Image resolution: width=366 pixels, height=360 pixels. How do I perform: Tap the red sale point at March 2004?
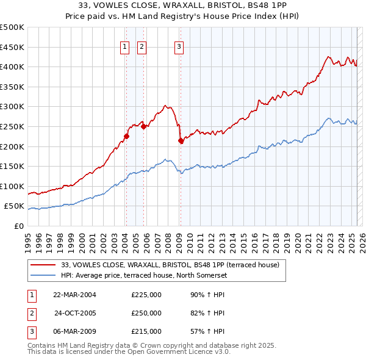tap(126, 137)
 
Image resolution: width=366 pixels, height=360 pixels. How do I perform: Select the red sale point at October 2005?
tap(143, 127)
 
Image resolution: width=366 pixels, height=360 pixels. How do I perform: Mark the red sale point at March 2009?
tap(181, 141)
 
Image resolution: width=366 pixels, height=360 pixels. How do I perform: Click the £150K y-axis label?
tap(12, 166)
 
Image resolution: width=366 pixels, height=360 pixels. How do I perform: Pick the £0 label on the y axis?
tap(18, 226)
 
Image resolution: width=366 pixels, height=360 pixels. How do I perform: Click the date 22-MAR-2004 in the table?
tap(75, 294)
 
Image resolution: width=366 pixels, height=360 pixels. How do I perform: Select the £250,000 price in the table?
tap(146, 313)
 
